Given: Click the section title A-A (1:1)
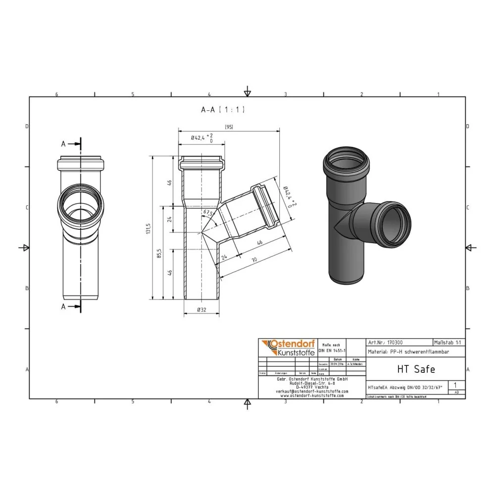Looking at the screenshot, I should pyautogui.click(x=222, y=110).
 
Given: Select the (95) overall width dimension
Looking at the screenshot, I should pyautogui.click(x=228, y=127).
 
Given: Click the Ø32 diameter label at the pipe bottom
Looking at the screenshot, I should pyautogui.click(x=201, y=310).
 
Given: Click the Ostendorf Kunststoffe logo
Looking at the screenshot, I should pyautogui.click(x=287, y=347).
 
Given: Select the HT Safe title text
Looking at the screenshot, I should pyautogui.click(x=409, y=369).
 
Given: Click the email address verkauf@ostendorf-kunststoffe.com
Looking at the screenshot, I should pyautogui.click(x=312, y=391).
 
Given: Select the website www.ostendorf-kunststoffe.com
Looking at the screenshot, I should pyautogui.click(x=312, y=396).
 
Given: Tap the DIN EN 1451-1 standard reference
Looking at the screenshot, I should pyautogui.click(x=330, y=349).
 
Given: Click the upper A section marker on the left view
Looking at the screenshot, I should pyautogui.click(x=63, y=144).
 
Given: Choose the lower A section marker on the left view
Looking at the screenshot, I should pyautogui.click(x=63, y=307).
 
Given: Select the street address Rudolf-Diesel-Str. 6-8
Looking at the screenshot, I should pyautogui.click(x=312, y=383).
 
